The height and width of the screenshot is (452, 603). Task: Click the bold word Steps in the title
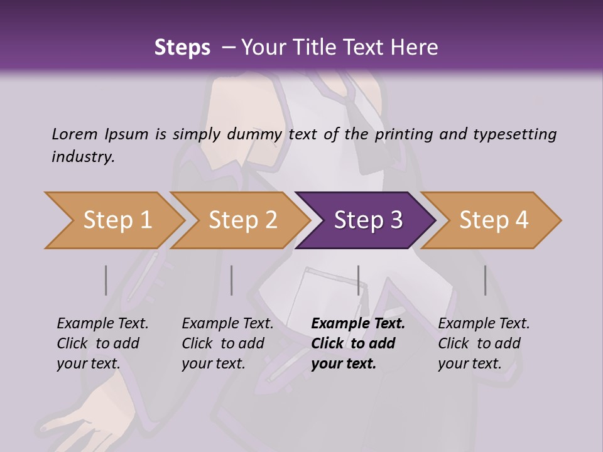coord(182,48)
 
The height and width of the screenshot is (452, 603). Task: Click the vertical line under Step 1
coord(106,280)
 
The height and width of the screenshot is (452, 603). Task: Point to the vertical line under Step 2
coord(232,280)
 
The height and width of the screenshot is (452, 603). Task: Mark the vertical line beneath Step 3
coord(358,280)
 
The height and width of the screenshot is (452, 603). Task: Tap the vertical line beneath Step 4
coord(485,280)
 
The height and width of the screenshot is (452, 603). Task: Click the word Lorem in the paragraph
coord(75,134)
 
